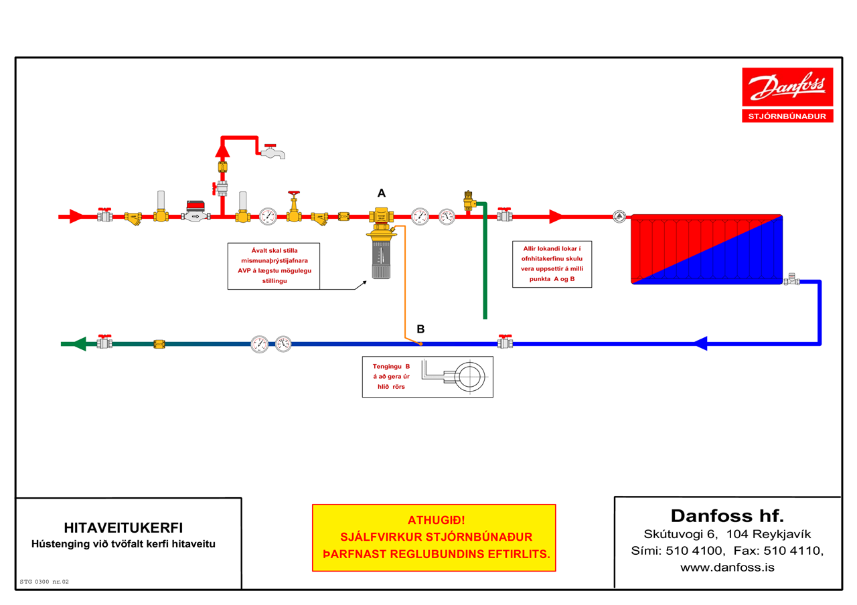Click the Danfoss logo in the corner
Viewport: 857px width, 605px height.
coord(787,87)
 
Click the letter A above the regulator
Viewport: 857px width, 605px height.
coord(382,193)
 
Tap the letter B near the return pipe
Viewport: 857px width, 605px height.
coord(420,329)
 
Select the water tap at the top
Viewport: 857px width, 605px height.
coord(272,151)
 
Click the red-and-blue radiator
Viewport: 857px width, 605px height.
coord(706,250)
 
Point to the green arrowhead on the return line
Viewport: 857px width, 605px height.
coord(79,344)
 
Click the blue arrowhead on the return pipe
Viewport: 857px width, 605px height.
coord(700,343)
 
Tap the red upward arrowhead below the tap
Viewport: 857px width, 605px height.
coord(222,150)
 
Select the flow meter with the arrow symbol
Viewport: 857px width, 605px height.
coord(196,211)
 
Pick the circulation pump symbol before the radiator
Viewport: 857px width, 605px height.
coord(619,217)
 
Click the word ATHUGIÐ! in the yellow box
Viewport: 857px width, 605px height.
coord(436,520)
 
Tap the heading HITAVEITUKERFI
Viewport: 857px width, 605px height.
coord(123,528)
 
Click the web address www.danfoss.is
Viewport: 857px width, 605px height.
coord(727,567)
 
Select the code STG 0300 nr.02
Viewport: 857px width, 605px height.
coord(44,582)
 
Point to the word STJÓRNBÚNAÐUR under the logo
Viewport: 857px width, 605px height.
coord(787,116)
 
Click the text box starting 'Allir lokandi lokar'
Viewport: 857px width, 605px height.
coord(552,264)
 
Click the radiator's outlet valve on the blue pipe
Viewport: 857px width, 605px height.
coord(791,280)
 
